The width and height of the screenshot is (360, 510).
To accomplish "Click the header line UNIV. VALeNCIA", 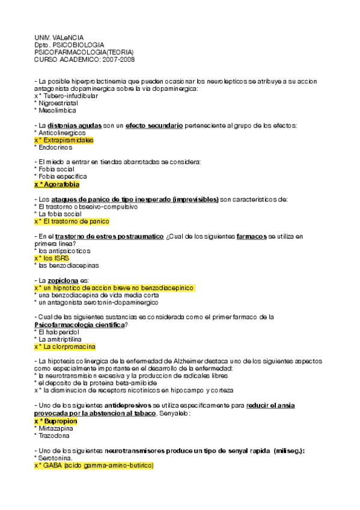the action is [58, 38].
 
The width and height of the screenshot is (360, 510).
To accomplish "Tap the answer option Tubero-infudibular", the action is [68, 96].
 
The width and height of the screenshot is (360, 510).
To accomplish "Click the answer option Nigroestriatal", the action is [57, 103].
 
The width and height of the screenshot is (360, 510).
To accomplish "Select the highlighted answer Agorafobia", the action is [59, 184].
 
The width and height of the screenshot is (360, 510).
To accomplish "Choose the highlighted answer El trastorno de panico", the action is [75, 221].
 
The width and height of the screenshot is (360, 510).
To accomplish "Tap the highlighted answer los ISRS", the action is [56, 257].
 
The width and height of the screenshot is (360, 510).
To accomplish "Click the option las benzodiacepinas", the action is [67, 265].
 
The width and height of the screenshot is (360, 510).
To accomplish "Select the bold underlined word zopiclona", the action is [64, 280].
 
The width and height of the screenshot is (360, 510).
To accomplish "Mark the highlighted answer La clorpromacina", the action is [68, 346].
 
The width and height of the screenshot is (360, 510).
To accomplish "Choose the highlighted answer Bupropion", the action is [59, 421].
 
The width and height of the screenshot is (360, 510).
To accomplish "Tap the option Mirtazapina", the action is [57, 428].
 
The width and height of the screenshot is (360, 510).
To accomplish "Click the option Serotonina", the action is [56, 458].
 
